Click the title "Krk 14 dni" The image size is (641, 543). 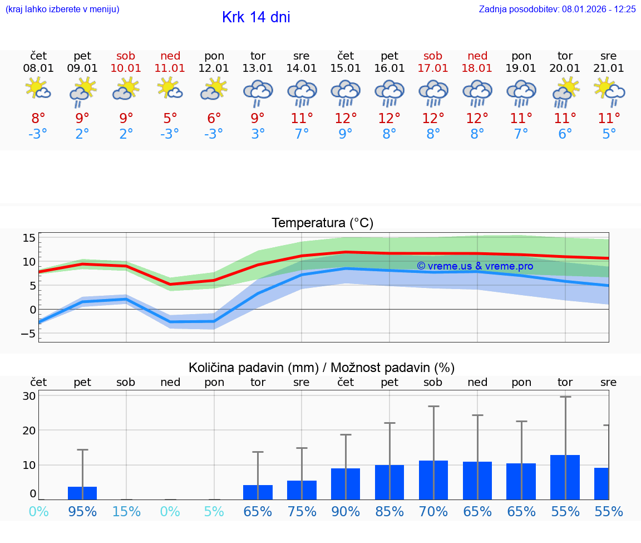(256, 17)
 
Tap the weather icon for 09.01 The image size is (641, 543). (82, 91)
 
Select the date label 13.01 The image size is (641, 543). (258, 69)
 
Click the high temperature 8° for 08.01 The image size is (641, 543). (38, 119)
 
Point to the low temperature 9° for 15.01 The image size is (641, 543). (346, 134)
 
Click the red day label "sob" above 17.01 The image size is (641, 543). (433, 56)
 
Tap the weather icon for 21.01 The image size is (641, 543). (609, 91)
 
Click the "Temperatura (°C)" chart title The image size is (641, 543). (322, 223)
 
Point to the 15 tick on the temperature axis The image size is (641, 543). (29, 238)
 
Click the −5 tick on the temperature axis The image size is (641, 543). (28, 334)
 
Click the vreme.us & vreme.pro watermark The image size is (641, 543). (475, 266)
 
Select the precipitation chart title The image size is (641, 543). (322, 368)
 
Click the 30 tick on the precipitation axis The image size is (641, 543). (29, 396)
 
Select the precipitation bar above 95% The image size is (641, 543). (82, 493)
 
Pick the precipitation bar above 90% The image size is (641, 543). (346, 484)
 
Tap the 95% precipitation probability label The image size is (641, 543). (82, 511)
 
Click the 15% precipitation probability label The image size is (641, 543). (126, 511)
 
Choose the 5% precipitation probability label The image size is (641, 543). (214, 511)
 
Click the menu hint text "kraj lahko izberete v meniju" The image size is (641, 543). (62, 9)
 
